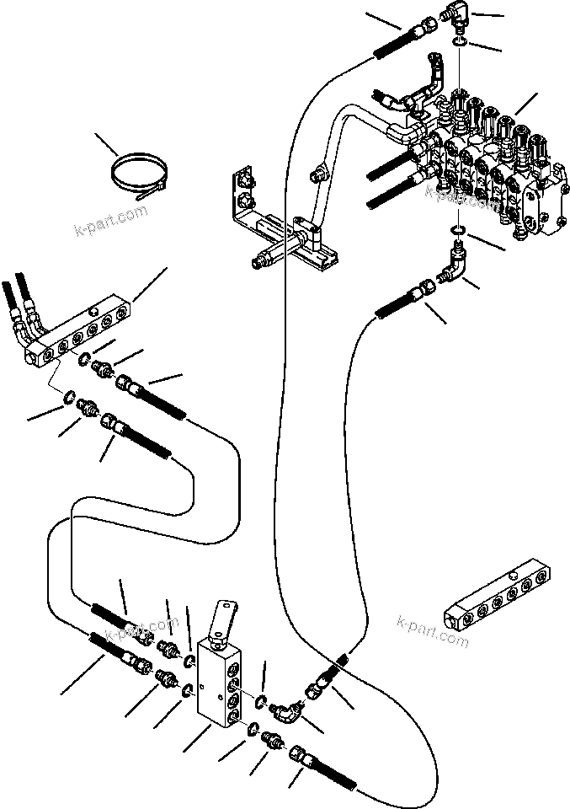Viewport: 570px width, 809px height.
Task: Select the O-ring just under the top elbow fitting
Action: tap(459, 41)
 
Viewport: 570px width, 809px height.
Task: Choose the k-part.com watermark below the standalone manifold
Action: tap(432, 634)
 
